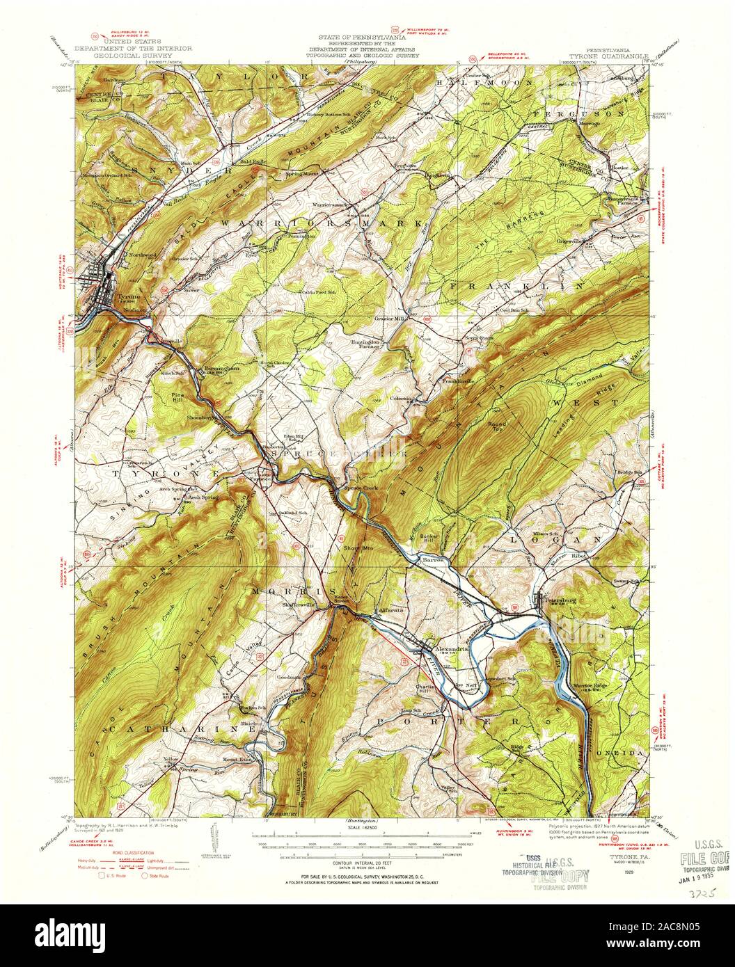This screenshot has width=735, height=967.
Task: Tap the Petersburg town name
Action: pyautogui.click(x=560, y=598)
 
